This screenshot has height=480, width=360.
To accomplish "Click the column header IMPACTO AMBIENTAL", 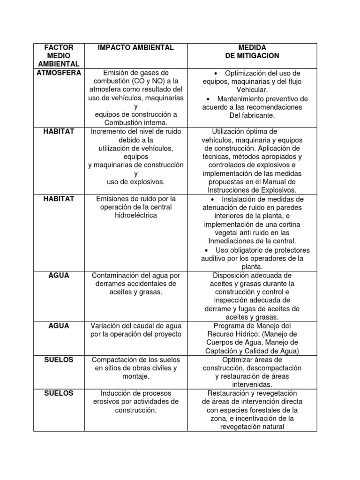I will (x=135, y=47).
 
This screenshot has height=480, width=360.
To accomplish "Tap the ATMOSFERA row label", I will (x=59, y=73).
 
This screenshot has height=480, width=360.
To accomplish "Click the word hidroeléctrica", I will (x=135, y=216).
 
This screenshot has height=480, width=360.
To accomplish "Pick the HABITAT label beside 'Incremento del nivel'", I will (x=59, y=131).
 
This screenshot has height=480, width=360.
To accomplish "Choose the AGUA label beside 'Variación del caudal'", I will (x=59, y=326).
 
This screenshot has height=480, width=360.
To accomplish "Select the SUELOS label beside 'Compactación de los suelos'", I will (x=59, y=360).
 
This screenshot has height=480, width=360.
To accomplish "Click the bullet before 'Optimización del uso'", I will (x=216, y=74).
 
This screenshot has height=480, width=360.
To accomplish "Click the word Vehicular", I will (x=252, y=90).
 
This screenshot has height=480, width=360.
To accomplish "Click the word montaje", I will (x=135, y=376).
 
